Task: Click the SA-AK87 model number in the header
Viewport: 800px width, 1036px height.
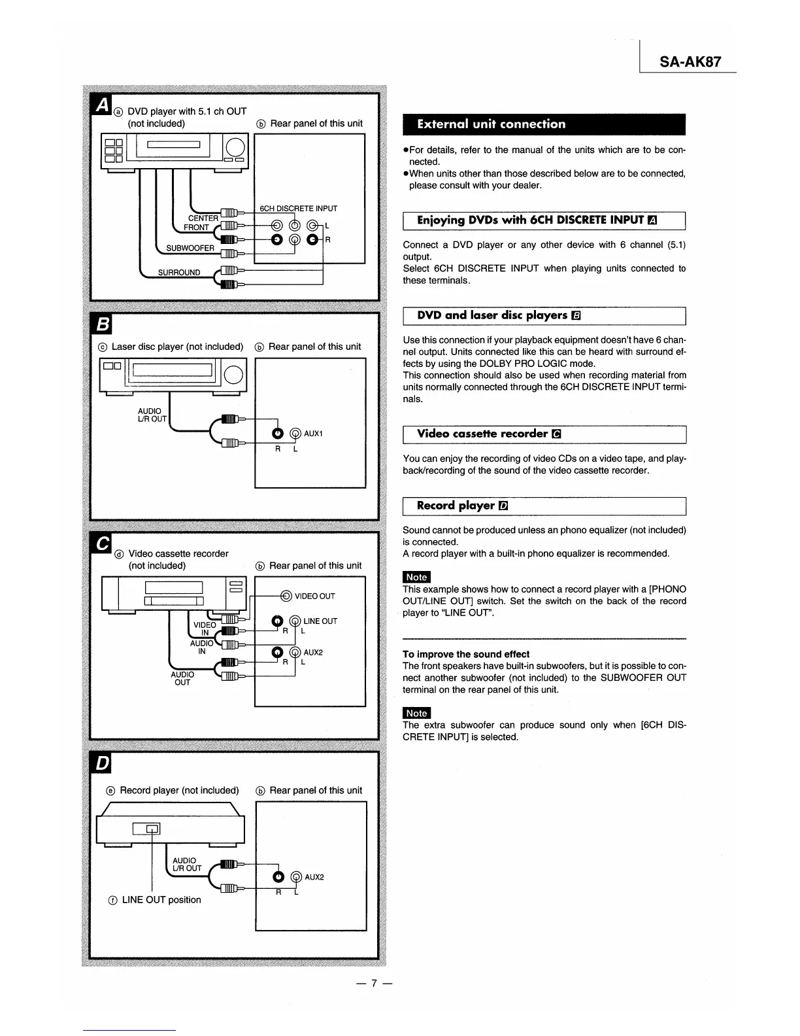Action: click(690, 62)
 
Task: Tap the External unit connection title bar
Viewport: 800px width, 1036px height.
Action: click(491, 124)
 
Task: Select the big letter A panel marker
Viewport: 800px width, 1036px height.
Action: click(102, 105)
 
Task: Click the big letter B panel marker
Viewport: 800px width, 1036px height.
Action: click(103, 324)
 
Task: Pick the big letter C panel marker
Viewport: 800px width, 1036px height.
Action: click(103, 544)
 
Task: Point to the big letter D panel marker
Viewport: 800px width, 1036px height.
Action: click(103, 763)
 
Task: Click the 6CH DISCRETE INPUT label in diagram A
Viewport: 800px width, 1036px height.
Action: click(299, 209)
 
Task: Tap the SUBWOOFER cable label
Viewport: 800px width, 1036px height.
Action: click(190, 249)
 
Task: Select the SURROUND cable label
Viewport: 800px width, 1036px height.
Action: click(179, 273)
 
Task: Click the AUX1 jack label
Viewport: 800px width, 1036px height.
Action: click(314, 434)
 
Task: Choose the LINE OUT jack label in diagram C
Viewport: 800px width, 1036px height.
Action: click(320, 621)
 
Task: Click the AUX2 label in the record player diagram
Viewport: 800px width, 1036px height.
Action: click(314, 877)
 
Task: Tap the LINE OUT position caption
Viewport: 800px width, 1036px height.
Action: click(161, 900)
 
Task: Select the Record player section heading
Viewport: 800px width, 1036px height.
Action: click(456, 506)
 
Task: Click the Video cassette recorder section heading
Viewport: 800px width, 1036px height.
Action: click(482, 434)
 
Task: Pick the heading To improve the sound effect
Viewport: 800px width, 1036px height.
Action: click(466, 654)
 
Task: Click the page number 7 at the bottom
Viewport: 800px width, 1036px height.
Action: click(374, 983)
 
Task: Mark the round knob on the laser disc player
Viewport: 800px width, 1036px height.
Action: click(234, 374)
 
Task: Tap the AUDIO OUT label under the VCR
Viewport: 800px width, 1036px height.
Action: click(182, 678)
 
